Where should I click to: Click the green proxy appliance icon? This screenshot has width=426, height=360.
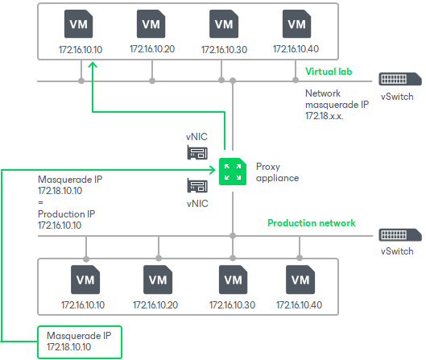point(232,169)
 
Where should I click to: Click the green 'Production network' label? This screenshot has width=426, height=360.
point(311,223)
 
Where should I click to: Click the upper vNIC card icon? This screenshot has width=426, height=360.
point(198,152)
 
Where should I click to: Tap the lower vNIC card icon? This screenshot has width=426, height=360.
point(198,186)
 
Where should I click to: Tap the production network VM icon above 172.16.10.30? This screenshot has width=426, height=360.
point(233,281)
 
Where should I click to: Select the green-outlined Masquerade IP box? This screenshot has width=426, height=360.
point(79,341)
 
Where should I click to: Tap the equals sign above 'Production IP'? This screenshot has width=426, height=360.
point(41,205)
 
